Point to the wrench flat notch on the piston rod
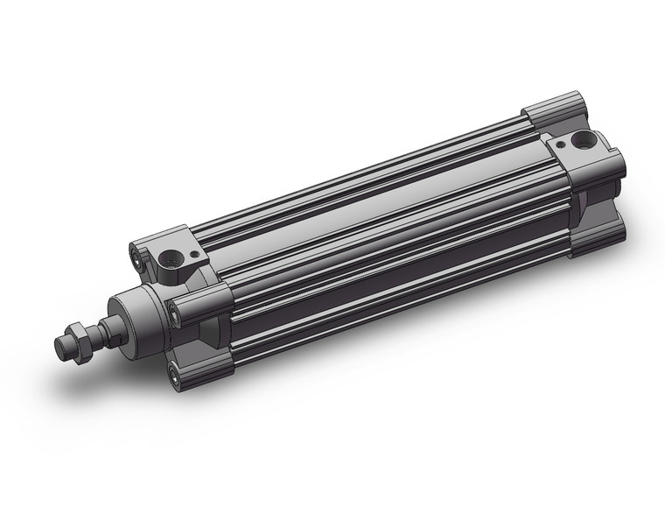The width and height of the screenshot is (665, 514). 105,331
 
